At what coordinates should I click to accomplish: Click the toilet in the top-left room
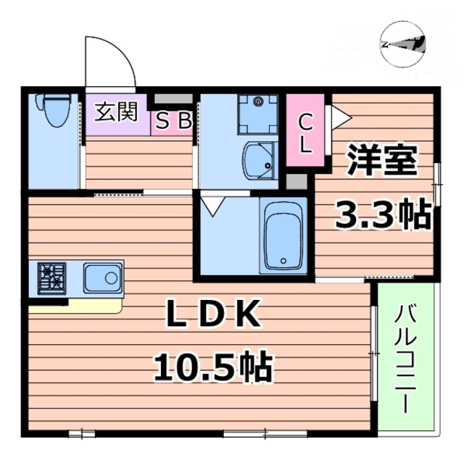(x=55, y=109)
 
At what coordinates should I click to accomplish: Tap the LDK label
(x=212, y=314)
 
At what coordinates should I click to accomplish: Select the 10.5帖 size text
(x=212, y=367)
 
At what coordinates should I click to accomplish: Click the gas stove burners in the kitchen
(x=53, y=277)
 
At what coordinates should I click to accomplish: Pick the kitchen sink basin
(x=101, y=277)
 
